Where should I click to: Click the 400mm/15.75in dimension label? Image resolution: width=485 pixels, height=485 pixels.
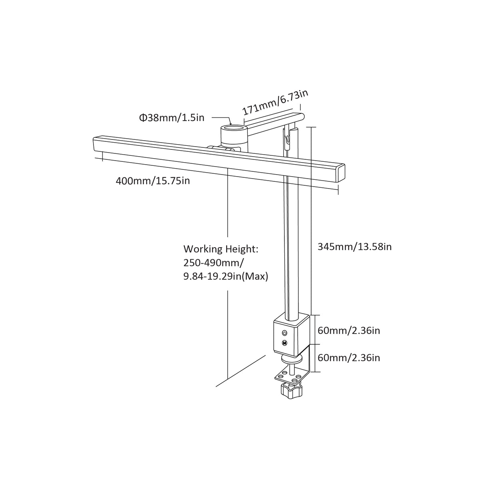click(x=153, y=181)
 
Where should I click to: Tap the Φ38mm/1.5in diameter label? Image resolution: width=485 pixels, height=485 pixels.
click(x=171, y=117)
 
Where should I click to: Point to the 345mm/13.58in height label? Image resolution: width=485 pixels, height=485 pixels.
click(x=354, y=246)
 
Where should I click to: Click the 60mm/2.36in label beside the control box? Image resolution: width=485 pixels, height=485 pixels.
click(x=349, y=330)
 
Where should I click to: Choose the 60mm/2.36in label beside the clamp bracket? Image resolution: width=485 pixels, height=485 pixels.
click(x=349, y=357)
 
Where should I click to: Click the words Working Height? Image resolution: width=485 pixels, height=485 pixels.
click(x=221, y=249)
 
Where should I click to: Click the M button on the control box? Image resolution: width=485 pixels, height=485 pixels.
click(x=284, y=342)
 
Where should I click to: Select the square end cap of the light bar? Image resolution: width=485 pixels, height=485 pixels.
click(x=340, y=173)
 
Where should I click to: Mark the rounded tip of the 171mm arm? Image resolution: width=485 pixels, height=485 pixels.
click(x=302, y=117)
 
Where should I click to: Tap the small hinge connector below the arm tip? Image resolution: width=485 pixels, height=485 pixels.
click(x=287, y=139)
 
